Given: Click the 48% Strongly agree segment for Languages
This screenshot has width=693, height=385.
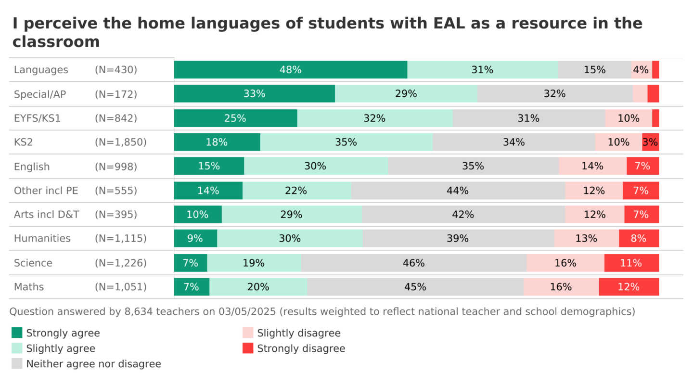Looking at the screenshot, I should coord(291,70).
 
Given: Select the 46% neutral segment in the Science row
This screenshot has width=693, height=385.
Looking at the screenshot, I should coord(414,263).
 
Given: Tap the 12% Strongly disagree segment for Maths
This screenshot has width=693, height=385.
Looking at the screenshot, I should coord(629,287).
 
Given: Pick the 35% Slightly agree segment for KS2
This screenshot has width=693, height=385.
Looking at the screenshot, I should coord(346,142).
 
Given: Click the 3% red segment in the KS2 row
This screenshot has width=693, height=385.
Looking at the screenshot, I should coord(650,142).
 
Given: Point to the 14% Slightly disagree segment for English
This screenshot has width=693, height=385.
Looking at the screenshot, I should coord(592,166).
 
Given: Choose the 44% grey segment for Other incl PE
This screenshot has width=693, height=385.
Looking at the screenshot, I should coord(458,191).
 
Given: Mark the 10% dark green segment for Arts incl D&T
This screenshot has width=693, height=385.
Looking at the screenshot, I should coord(198,215).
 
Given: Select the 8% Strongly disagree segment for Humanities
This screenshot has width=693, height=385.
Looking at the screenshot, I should coord(639,239).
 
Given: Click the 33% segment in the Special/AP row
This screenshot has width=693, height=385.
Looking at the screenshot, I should coord(254,94).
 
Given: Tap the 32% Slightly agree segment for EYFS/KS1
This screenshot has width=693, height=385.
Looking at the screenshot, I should coord(375,118).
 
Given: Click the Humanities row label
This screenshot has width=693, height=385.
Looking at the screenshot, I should coord(42,239).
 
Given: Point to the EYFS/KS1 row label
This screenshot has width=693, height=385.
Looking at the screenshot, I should coord(38,118).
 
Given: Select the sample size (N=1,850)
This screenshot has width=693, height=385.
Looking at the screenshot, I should coord(121,142).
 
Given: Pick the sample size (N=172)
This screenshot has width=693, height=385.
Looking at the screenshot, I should coord(116,94).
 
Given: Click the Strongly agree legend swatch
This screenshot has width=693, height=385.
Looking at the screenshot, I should coord(17,333).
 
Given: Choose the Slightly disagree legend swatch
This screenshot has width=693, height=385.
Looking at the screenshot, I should coord(248,333).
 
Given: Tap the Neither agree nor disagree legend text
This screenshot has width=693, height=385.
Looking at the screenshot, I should coord(94,364).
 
